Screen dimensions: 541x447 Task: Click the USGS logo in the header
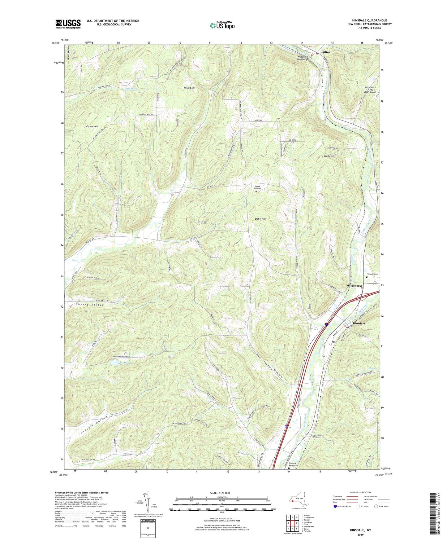[x=68, y=24]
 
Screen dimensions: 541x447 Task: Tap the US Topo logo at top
[x=222, y=25]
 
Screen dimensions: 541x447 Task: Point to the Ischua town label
[x=326, y=52]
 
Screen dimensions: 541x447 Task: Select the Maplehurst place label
[x=354, y=286]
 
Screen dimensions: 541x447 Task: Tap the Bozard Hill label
[x=189, y=88]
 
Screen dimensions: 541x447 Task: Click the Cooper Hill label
[x=92, y=127]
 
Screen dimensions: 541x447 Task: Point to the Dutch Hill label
[x=260, y=219]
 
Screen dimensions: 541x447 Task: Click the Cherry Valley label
[x=90, y=305]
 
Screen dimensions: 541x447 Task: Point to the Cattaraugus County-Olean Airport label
[x=370, y=89]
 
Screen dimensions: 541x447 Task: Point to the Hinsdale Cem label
[x=372, y=274]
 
